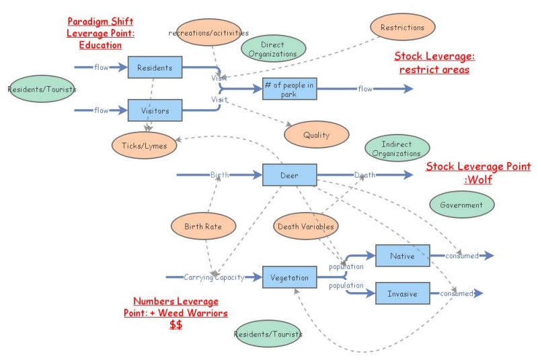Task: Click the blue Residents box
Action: tap(155, 67)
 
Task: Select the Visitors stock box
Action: tap(155, 110)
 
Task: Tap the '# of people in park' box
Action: tap(289, 89)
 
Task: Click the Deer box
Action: tap(289, 176)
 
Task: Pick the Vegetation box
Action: tap(289, 277)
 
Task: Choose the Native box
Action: tap(402, 256)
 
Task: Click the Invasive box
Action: tap(402, 294)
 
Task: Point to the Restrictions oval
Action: tap(402, 28)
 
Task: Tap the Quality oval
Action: tap(316, 135)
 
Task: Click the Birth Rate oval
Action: tap(203, 227)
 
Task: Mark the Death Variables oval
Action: tap(305, 227)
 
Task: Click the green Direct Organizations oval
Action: tap(274, 49)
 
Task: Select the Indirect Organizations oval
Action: tap(396, 149)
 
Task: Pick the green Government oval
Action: tap(461, 205)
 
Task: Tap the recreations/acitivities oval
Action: tap(208, 32)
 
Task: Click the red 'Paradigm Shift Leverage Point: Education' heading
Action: tap(94, 34)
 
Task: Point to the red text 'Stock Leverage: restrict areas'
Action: tap(432, 63)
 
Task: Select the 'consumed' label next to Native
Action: tap(461, 256)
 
